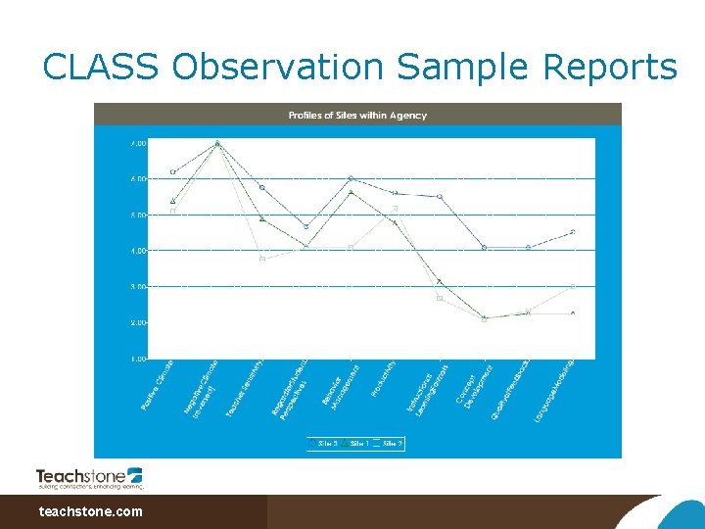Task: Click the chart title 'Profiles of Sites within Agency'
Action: tap(357, 116)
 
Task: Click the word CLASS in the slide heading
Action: tap(101, 68)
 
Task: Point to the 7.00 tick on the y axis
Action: tap(137, 143)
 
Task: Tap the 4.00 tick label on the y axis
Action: tap(137, 251)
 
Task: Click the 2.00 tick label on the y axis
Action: tap(137, 322)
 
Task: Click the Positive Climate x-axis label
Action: tap(159, 384)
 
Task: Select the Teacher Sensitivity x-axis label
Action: tap(245, 388)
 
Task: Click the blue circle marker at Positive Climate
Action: tap(172, 171)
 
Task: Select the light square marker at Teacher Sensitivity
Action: tap(261, 259)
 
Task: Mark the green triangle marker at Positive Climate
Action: tap(172, 201)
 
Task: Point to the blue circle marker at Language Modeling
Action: tap(573, 232)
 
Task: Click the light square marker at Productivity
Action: tap(395, 209)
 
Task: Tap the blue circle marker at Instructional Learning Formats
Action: tap(440, 197)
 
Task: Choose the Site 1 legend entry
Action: tap(354, 443)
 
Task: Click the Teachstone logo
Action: tap(90, 477)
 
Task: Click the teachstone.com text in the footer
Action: tap(90, 511)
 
